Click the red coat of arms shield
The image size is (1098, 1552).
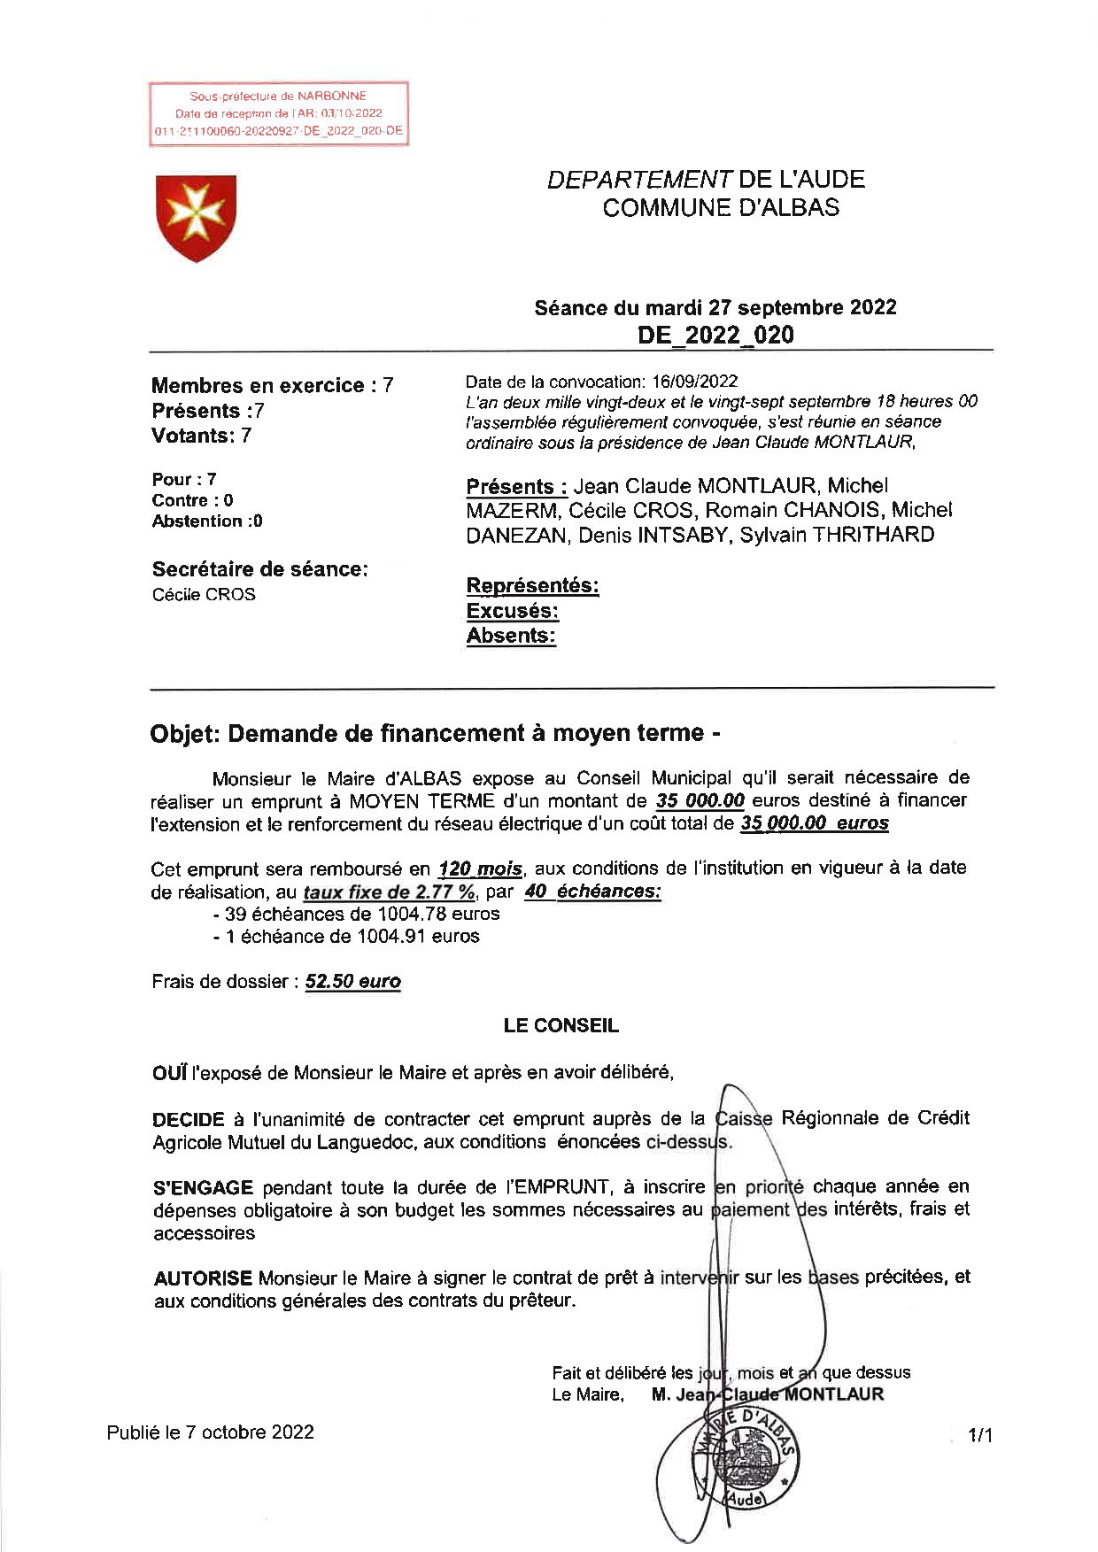196,217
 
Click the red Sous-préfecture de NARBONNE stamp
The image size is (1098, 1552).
278,113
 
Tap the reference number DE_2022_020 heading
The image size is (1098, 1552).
715,335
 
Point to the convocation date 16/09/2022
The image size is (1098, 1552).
694,382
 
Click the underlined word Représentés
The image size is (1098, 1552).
532,586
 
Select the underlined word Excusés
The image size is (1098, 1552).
512,611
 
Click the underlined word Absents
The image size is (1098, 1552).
511,636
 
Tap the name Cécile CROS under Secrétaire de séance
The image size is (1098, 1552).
204,595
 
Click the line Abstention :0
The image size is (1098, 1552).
207,521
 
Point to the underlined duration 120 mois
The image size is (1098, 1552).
480,869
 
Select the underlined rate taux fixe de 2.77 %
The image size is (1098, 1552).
389,892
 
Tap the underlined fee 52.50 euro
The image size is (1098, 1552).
352,982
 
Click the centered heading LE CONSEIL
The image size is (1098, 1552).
561,1026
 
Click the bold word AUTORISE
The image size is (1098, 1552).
203,1278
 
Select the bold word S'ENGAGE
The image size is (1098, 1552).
203,1187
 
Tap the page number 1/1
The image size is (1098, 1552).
980,1435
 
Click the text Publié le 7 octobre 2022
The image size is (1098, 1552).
211,1432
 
